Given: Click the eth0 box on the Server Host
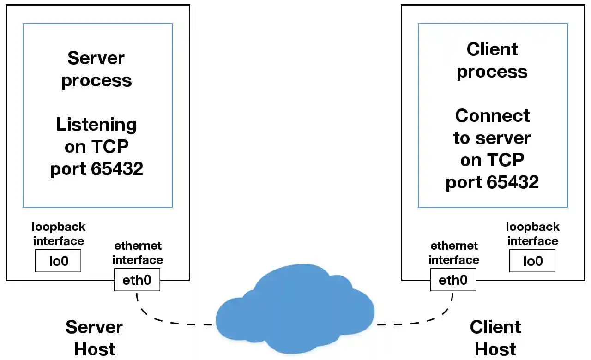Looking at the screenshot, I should point(137,280).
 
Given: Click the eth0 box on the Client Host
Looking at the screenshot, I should point(453,280).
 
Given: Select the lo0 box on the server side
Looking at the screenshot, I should point(58,261).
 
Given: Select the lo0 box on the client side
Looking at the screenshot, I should point(532,261).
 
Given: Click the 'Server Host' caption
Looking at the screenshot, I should point(94,338).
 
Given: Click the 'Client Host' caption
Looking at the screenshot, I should point(495,338).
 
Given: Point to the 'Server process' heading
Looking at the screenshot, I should point(96,69).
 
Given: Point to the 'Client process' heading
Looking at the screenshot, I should point(492,60).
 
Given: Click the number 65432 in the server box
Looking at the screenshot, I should point(117,169).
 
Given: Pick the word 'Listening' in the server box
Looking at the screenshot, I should point(96,125).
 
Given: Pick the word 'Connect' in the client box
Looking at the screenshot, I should point(492,115).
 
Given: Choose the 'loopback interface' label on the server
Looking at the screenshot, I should point(58,234).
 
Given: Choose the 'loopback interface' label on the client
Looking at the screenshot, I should point(532,234).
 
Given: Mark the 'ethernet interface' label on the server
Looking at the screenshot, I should point(138,253).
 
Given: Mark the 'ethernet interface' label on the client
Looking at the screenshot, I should point(453,253).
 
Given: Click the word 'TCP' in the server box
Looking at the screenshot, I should point(109,147).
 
